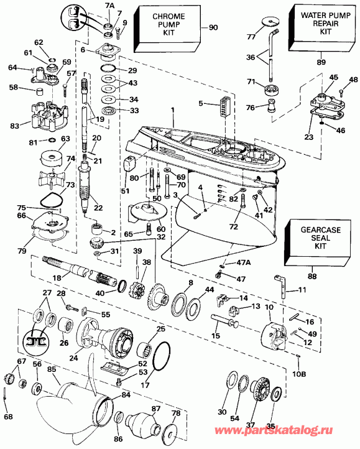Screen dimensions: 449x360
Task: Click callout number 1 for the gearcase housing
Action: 173,110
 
